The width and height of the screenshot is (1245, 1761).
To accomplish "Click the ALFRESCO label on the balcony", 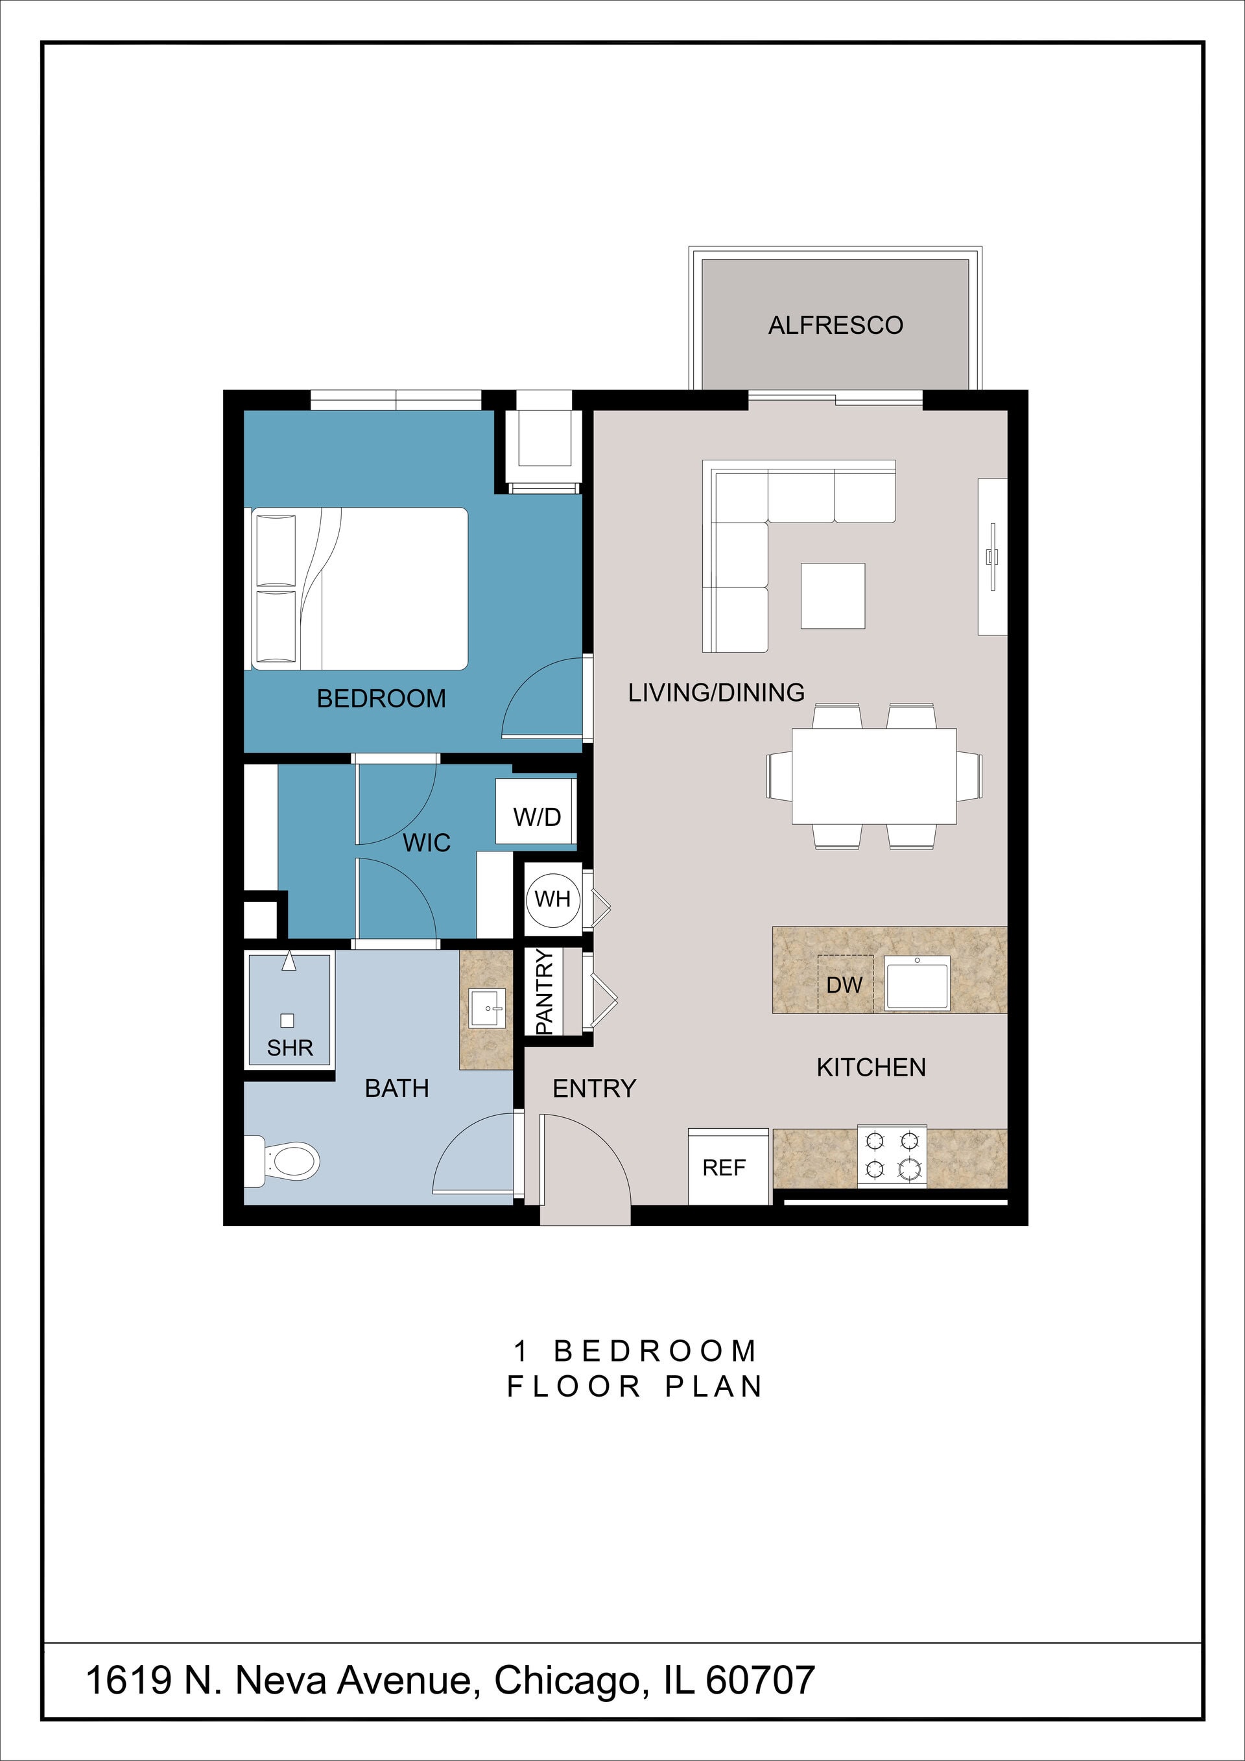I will coord(835,325).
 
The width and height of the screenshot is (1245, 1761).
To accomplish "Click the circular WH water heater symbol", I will coord(552,898).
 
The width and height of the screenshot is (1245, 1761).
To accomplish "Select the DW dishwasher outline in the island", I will coord(844,984).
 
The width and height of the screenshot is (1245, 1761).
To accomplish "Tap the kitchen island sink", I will coord(917,982).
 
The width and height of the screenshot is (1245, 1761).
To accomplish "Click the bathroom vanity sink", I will coord(486,1008).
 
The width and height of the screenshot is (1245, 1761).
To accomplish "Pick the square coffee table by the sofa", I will coord(833,596).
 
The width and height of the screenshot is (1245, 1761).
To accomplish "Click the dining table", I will coord(873,775).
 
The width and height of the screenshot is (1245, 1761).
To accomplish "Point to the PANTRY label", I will coord(544,991).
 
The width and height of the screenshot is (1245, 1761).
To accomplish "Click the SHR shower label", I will coord(290,1048).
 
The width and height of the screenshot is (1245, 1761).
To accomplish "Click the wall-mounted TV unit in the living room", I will coord(992,557).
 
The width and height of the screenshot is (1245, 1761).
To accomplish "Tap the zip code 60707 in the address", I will coord(759,1680).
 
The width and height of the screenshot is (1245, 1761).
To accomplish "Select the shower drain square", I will coord(288,1020).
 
